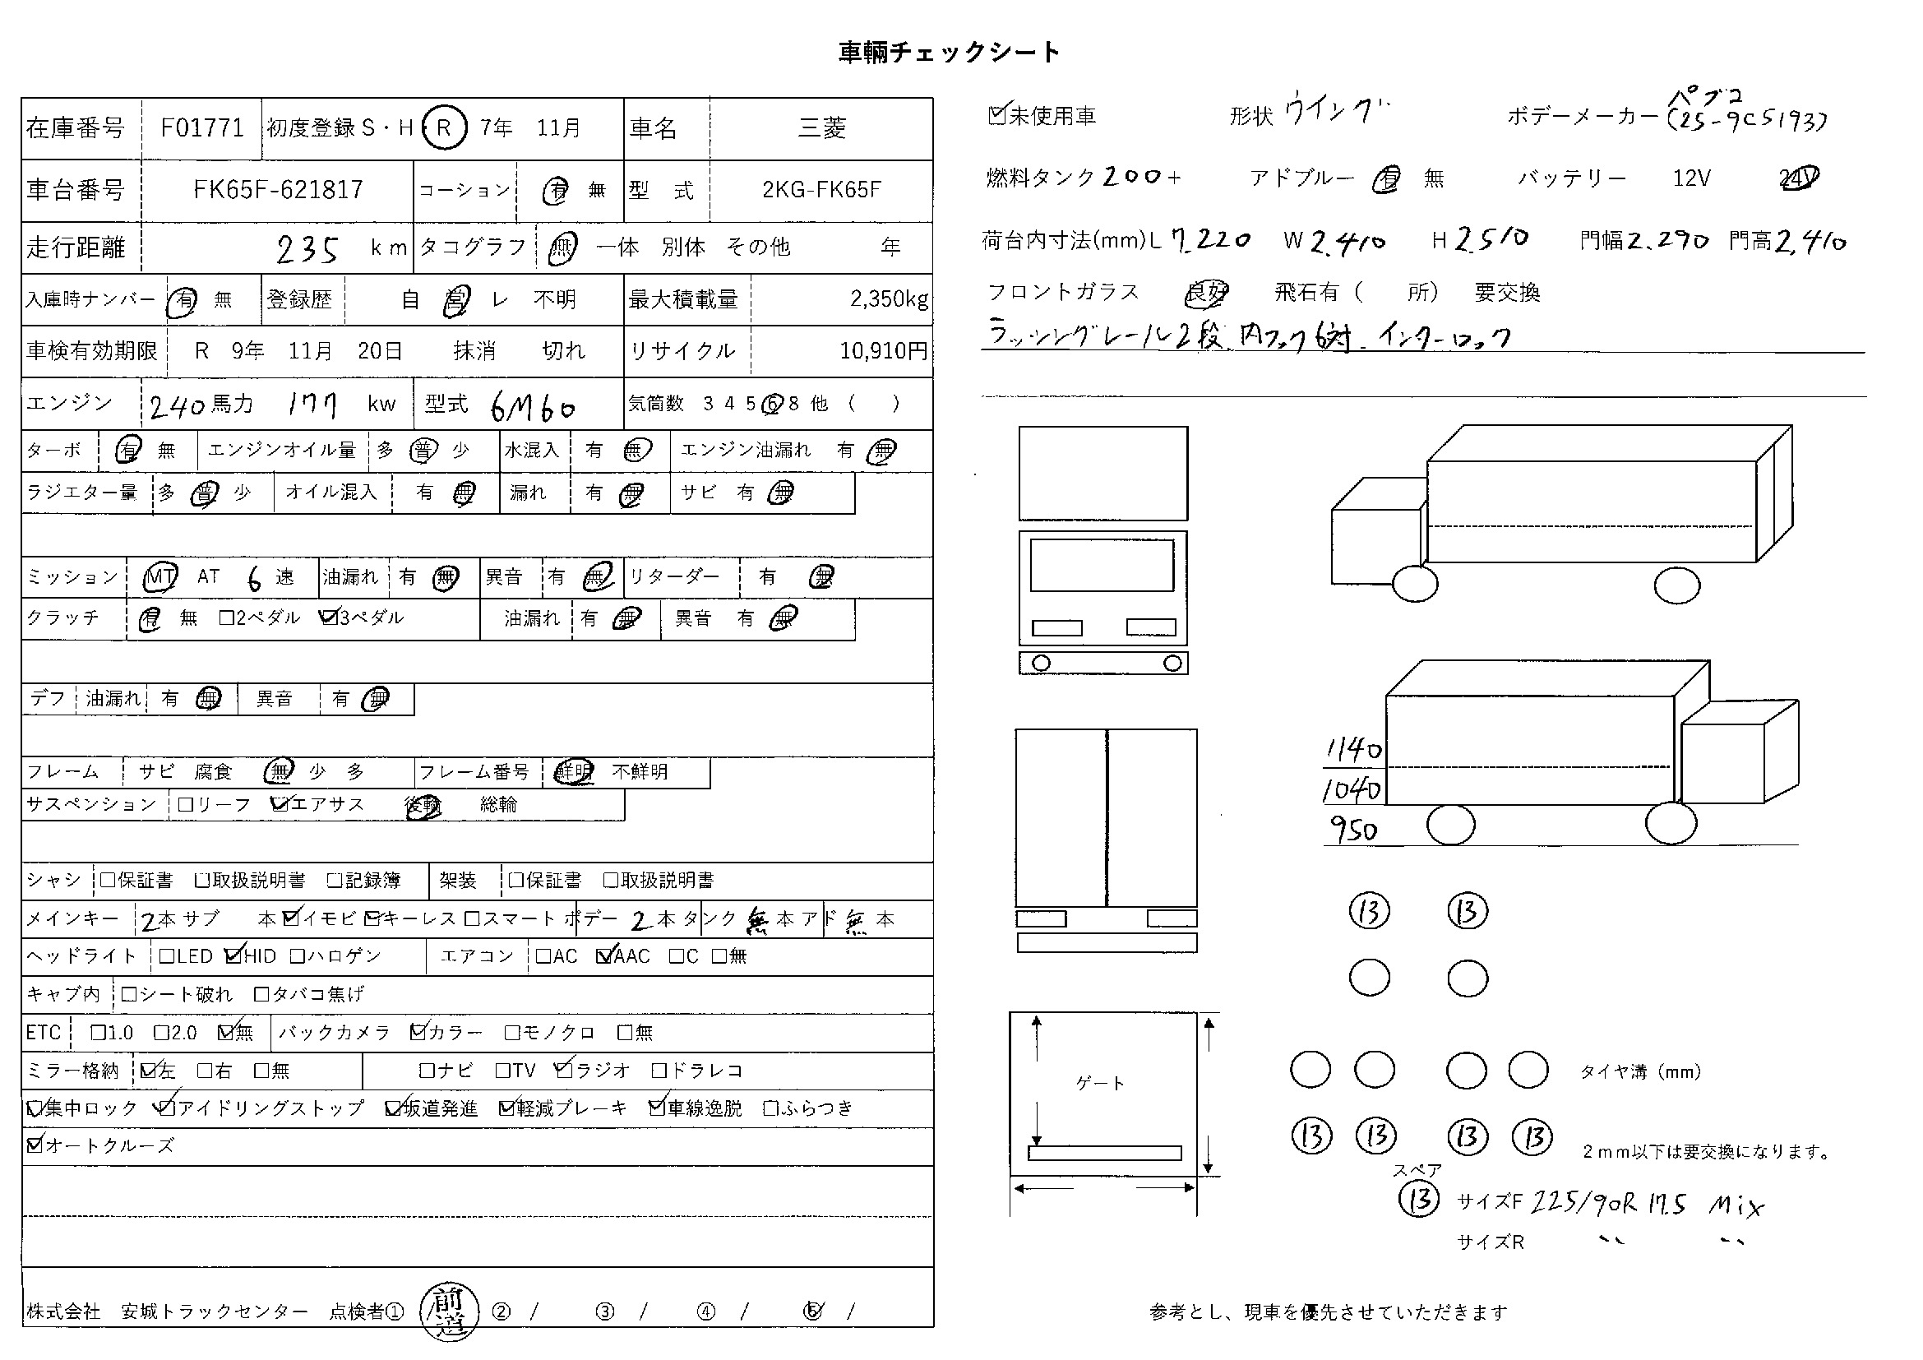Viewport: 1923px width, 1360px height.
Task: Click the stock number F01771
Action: click(x=202, y=128)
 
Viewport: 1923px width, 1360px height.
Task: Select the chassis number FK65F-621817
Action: click(x=278, y=190)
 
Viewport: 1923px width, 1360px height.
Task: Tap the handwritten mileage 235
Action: click(x=307, y=248)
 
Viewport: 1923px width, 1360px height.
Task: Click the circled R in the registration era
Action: click(x=444, y=127)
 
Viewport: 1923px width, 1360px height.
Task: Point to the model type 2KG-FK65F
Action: click(x=821, y=190)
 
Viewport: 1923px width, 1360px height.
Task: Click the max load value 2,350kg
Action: click(x=888, y=299)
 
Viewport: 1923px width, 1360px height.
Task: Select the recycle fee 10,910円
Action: click(x=883, y=351)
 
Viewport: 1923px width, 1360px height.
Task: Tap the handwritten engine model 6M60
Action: click(x=533, y=408)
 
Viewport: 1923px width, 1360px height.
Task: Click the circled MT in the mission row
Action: click(x=160, y=577)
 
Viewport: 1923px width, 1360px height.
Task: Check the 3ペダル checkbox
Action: click(x=328, y=618)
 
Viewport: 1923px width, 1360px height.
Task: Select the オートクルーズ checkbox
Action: click(x=35, y=1145)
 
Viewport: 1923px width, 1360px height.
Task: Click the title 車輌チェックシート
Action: click(x=949, y=52)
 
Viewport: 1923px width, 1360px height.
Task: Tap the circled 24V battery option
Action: click(x=1798, y=178)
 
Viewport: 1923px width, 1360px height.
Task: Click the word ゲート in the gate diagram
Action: click(x=1100, y=1084)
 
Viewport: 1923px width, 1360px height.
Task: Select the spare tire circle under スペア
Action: click(x=1419, y=1199)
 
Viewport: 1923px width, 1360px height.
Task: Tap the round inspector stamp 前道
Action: click(x=450, y=1311)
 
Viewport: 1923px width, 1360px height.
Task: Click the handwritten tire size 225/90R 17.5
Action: click(x=1607, y=1204)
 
